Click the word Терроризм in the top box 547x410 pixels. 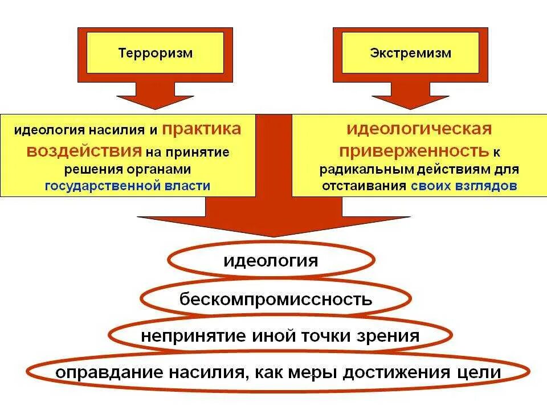click(156, 53)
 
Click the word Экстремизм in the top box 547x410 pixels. click(411, 53)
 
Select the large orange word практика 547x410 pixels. click(202, 129)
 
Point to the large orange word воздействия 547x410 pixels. click(85, 150)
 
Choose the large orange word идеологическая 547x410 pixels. click(419, 129)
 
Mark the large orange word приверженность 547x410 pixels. click(414, 150)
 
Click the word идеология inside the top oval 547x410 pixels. click(270, 261)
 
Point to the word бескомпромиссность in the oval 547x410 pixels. click(276, 298)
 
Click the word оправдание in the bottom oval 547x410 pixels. click(109, 372)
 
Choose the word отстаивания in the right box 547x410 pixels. click(364, 186)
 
